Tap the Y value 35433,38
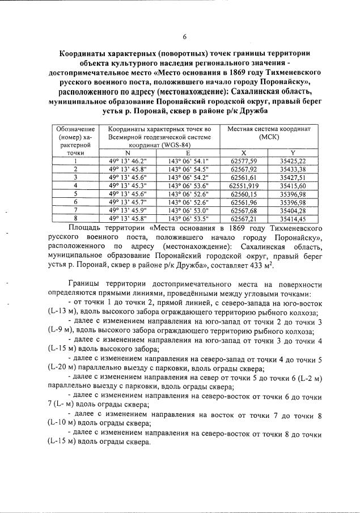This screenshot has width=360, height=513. tap(293, 169)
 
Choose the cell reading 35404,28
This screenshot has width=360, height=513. tap(293, 209)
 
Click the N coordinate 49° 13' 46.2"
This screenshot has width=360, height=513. tap(128, 161)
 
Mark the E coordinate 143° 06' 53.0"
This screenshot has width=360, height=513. tap(189, 209)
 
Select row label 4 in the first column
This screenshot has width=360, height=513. tap(75, 185)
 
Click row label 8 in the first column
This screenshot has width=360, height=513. tap(75, 217)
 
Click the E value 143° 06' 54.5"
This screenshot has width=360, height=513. tap(189, 169)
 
